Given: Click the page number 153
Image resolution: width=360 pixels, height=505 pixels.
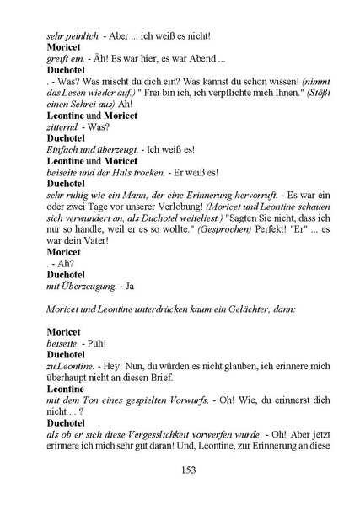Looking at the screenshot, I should [x=188, y=470].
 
